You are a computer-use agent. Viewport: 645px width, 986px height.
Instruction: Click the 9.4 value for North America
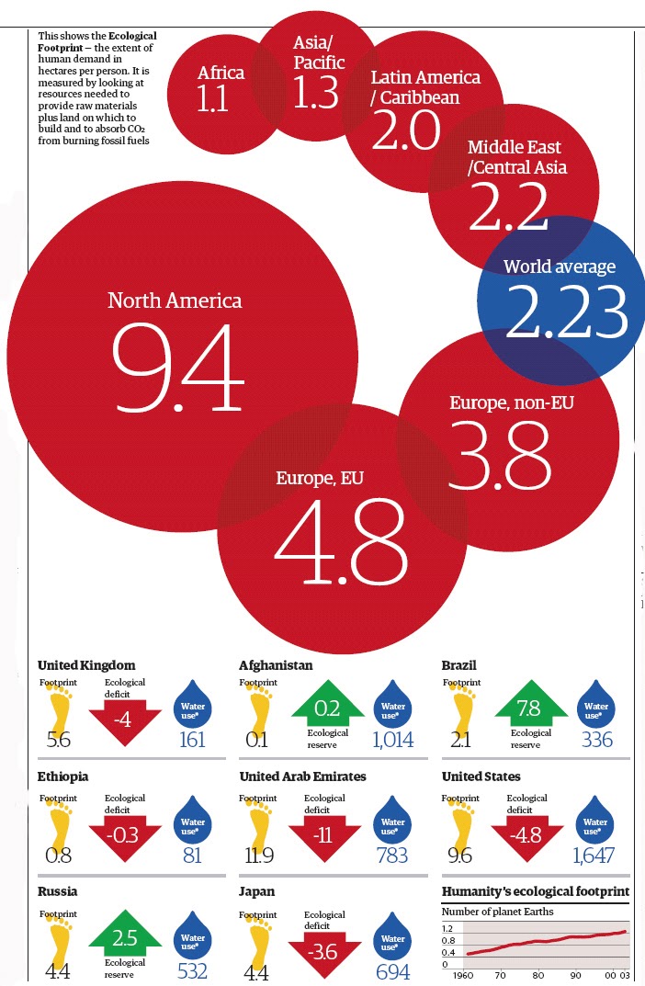[178, 368]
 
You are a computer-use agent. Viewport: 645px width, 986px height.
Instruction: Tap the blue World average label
[560, 266]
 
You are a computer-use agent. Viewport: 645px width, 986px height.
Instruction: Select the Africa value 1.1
[212, 98]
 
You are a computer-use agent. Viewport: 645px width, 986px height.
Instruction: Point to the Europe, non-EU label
[512, 402]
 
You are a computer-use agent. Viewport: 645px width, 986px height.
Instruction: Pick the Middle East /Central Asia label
[516, 157]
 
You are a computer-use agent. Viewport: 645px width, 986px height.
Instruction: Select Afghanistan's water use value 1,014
[393, 740]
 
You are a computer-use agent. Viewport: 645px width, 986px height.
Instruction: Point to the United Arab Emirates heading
[302, 776]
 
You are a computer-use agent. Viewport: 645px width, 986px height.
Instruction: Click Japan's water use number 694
[393, 971]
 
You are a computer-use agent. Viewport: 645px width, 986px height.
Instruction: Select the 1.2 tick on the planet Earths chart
[447, 928]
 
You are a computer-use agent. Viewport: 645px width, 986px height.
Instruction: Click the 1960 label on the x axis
[463, 975]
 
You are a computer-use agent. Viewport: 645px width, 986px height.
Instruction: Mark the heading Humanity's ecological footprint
[536, 891]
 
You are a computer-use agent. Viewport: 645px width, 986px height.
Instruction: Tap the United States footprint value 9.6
[460, 856]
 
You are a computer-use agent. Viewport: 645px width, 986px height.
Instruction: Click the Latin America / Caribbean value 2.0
[406, 130]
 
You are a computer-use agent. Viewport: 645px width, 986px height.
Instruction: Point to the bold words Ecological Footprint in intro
[97, 41]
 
